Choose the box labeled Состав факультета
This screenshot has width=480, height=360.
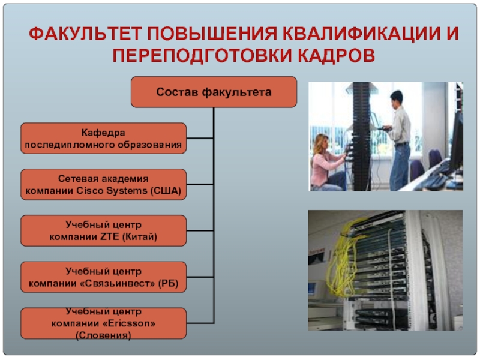click(214, 92)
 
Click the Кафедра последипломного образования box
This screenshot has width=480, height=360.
click(104, 138)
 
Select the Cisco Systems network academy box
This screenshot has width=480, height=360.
click(104, 184)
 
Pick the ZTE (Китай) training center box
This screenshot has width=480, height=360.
click(104, 230)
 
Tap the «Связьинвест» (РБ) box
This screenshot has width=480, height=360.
click(104, 277)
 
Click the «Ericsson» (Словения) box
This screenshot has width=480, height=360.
click(104, 323)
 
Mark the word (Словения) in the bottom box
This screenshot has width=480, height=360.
click(103, 334)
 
